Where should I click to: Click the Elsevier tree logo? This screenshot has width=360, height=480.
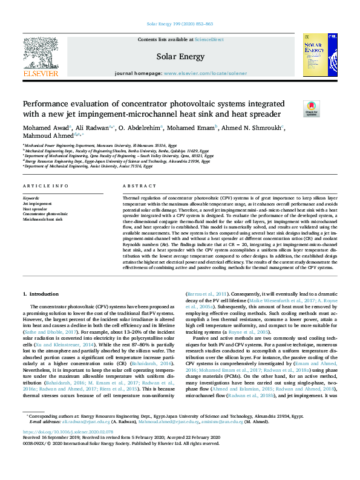pos(40,57)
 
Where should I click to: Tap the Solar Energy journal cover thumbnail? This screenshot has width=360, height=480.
pos(319,57)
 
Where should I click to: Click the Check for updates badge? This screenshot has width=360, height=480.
pos(310,109)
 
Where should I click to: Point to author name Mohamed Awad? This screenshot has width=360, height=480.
pos(45,128)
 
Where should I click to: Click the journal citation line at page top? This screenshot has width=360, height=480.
pos(180,24)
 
